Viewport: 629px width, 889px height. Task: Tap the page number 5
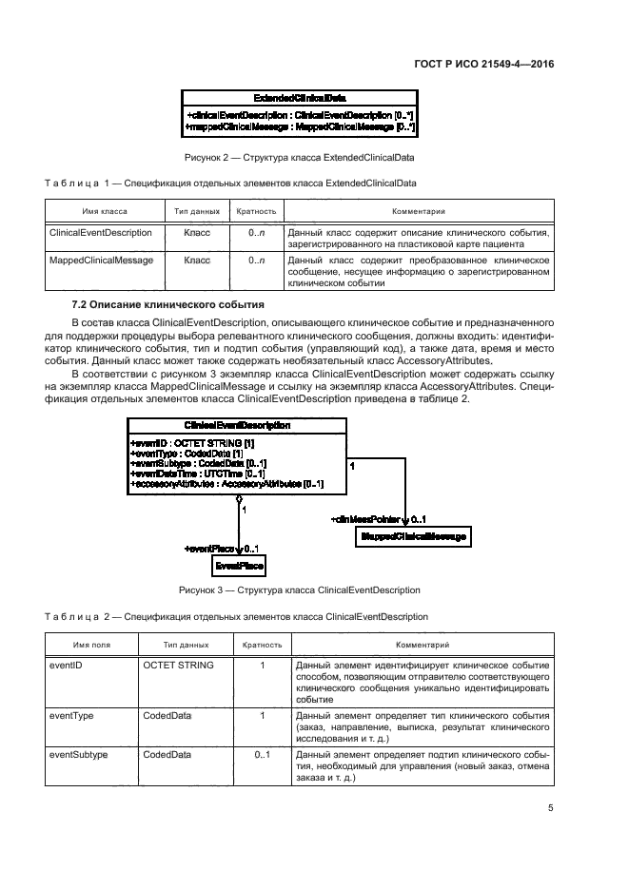point(550,808)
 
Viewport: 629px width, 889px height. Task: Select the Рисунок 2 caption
point(298,156)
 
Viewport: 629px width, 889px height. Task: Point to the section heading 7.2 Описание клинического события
point(167,304)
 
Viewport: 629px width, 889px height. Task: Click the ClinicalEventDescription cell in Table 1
point(100,232)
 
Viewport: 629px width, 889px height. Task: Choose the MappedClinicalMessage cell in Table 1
point(101,260)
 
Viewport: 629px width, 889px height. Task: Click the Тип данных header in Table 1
point(197,211)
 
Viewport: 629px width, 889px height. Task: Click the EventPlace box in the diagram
point(238,566)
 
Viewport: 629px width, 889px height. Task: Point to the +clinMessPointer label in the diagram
point(366,519)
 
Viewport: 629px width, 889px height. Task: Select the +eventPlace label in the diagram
point(210,549)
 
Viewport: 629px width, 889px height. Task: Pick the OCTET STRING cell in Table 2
point(178,666)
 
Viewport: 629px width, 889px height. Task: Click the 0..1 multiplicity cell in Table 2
point(262,754)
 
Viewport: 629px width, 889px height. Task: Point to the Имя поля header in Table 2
point(88,645)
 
